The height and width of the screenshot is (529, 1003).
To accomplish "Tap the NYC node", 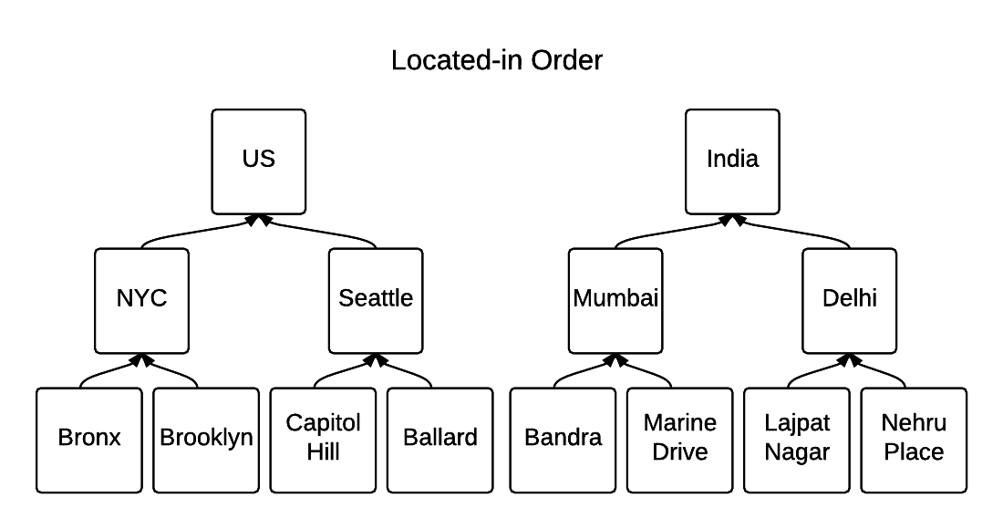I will coord(141,300).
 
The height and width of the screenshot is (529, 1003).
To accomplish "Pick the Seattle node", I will coord(376,300).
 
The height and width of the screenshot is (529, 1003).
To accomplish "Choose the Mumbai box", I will coord(615,300).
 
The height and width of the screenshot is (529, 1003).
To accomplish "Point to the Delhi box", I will coord(849,300).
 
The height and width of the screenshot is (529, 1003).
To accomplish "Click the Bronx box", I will coord(89,440).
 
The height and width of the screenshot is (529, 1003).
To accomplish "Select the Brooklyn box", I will coord(206,440).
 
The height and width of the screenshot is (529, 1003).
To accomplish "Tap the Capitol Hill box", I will coord(324,440).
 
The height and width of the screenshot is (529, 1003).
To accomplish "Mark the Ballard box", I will coord(440,440).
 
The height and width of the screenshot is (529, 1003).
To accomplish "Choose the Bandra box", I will coord(563,440).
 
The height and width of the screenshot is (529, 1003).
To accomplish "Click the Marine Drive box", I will coord(679,440).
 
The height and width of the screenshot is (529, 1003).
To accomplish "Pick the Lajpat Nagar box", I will coord(797,440).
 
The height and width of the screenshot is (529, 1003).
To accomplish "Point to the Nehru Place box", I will coord(914,440).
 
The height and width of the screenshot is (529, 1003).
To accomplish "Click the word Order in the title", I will coord(563,61).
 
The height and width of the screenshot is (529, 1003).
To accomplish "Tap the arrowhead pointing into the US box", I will coord(258,220).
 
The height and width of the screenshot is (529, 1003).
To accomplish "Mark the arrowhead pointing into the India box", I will coord(732,220).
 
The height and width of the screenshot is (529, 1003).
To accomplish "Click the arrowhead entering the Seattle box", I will coord(376,359).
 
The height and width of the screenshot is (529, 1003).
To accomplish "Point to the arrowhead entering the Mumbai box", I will coord(615,359).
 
